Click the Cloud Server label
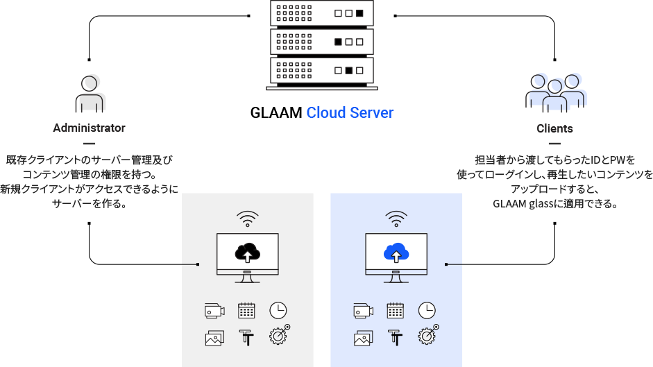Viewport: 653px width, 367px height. point(350,112)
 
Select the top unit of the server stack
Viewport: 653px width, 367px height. point(322,13)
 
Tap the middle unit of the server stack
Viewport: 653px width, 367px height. point(322,42)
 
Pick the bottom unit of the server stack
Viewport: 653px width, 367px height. point(322,70)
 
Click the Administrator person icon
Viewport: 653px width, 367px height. point(89,94)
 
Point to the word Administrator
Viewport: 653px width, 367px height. point(89,128)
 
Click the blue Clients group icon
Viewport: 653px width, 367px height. point(556,92)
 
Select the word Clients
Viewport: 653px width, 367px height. point(554,128)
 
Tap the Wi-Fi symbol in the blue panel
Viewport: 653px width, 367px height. point(396,219)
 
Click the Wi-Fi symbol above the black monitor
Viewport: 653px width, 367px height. point(247,219)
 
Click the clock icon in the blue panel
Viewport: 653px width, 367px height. point(427,310)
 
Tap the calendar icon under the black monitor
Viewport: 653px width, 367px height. point(246,311)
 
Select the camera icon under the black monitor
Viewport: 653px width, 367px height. point(214,311)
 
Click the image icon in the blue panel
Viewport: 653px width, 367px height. point(364,338)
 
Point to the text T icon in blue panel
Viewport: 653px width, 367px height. point(396,337)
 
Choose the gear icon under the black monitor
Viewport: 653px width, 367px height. point(278,336)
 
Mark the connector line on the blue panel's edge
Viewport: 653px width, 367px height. point(454,264)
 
